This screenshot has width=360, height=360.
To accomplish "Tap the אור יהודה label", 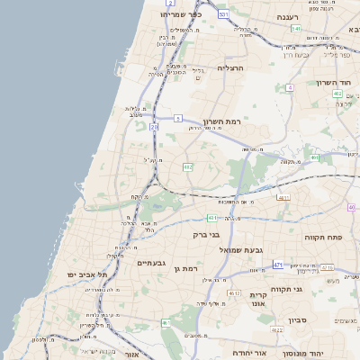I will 248,352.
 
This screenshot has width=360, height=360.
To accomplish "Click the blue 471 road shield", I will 278,265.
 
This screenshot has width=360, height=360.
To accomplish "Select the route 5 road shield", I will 178,118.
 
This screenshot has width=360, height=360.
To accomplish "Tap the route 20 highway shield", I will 154,127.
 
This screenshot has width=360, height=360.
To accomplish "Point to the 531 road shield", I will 222,14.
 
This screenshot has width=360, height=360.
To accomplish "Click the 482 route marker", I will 188,166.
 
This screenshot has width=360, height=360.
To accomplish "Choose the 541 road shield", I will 296,29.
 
